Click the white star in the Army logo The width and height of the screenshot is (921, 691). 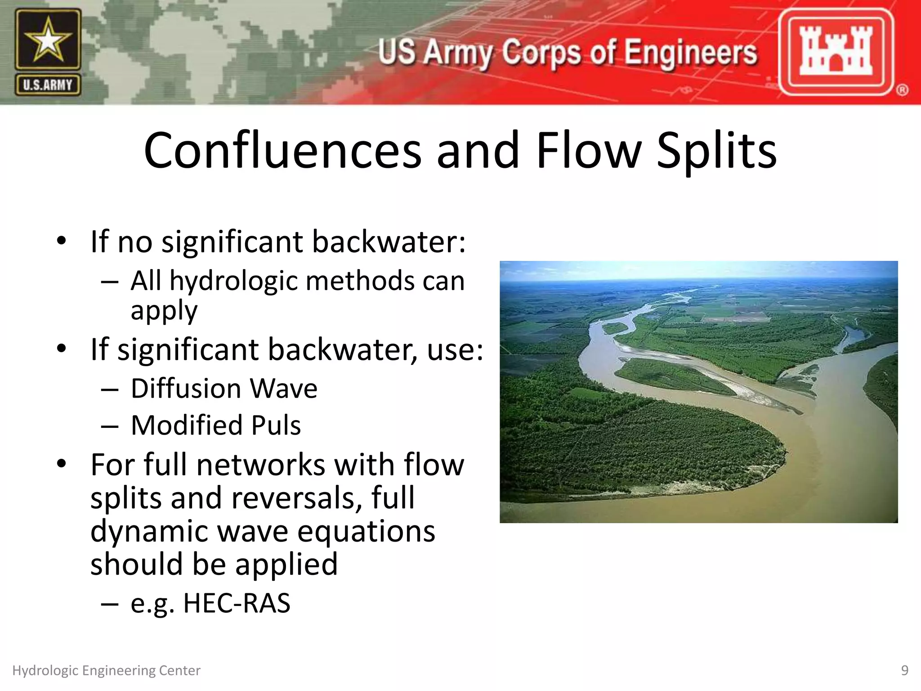coord(48,40)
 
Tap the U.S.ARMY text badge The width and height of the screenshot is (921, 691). coord(48,85)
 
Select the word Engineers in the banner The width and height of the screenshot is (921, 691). coord(691,52)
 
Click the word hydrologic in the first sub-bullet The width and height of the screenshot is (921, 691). coord(234,281)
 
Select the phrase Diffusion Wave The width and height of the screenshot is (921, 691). coord(224,388)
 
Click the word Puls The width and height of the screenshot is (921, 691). coord(276,425)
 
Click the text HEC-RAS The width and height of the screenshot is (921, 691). coord(237,603)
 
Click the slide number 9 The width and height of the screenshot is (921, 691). coord(904,670)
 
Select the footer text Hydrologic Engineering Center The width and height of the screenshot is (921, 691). coord(106,670)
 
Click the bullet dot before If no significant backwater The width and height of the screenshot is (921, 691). coord(62,241)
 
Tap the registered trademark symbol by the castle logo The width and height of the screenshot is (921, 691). coord(902,90)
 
